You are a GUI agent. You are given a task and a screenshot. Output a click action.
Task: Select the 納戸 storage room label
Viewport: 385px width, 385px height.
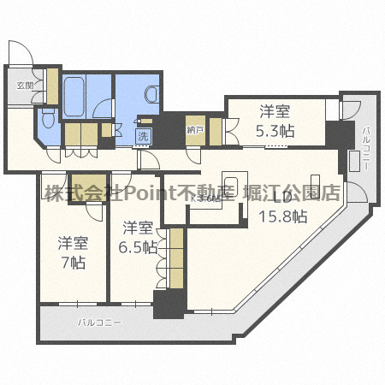click(195, 130)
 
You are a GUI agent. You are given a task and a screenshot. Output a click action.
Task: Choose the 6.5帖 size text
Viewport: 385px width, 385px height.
click(139, 246)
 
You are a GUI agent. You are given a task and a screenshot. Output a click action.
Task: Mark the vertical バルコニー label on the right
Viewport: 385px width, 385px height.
click(366, 147)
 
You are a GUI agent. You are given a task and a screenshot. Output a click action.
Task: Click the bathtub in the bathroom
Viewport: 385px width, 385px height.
click(74, 97)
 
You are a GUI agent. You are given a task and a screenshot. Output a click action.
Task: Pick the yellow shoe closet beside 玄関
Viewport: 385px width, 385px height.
click(52, 86)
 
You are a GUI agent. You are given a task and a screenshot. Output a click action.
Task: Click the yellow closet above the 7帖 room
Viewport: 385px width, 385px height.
click(85, 185)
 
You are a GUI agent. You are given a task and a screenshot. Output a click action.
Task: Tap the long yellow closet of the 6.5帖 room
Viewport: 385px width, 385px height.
click(176, 258)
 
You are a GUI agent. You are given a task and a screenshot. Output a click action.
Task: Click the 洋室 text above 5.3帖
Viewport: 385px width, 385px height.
click(276, 110)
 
